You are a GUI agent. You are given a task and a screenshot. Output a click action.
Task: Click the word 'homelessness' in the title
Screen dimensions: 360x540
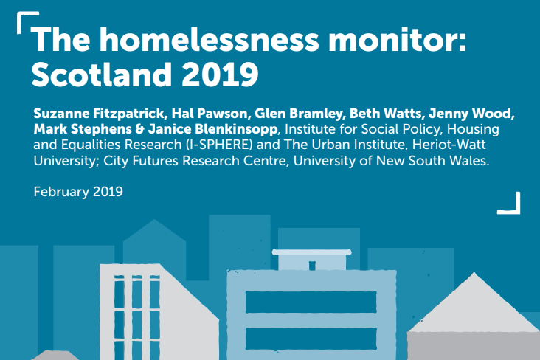click(x=193, y=41)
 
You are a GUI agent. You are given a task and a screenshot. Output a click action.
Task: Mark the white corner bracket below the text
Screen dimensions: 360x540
click(x=510, y=203)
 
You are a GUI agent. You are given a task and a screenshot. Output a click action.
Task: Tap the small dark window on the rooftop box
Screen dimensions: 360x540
click(x=312, y=265)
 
